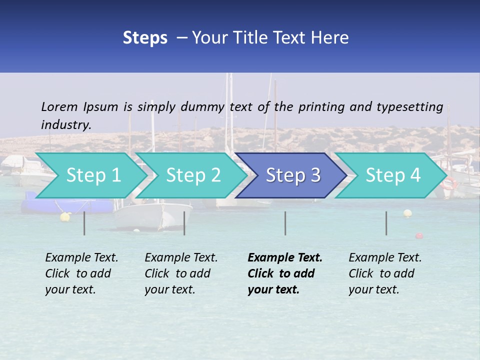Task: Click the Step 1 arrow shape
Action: pos(93,175)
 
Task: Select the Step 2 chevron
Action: pos(193,175)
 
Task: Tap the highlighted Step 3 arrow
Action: pos(292,175)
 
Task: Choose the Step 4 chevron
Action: pos(392,175)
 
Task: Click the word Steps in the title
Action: pos(145,38)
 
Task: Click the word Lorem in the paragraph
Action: pos(59,106)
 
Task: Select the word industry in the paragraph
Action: pos(66,124)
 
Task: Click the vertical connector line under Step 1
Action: pos(84,223)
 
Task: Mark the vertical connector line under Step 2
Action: pos(184,223)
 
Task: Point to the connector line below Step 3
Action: pos(285,223)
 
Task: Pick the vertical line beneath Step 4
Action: pos(386,223)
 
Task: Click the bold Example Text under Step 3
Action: pos(285,258)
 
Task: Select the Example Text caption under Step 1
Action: pos(81,258)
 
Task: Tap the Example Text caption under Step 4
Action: pos(385,258)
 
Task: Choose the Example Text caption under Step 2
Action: pos(181,258)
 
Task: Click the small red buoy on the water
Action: pos(419,235)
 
